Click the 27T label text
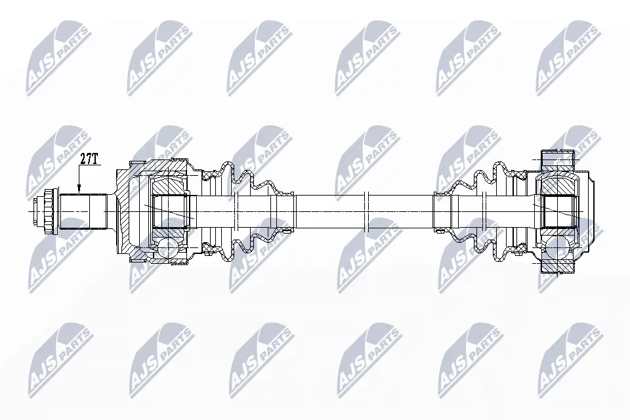(x=89, y=159)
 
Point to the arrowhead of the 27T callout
(x=78, y=191)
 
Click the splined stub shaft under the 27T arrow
(x=83, y=211)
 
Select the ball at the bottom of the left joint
(x=166, y=247)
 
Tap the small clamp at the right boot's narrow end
(x=441, y=193)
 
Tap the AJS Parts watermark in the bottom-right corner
(x=568, y=358)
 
